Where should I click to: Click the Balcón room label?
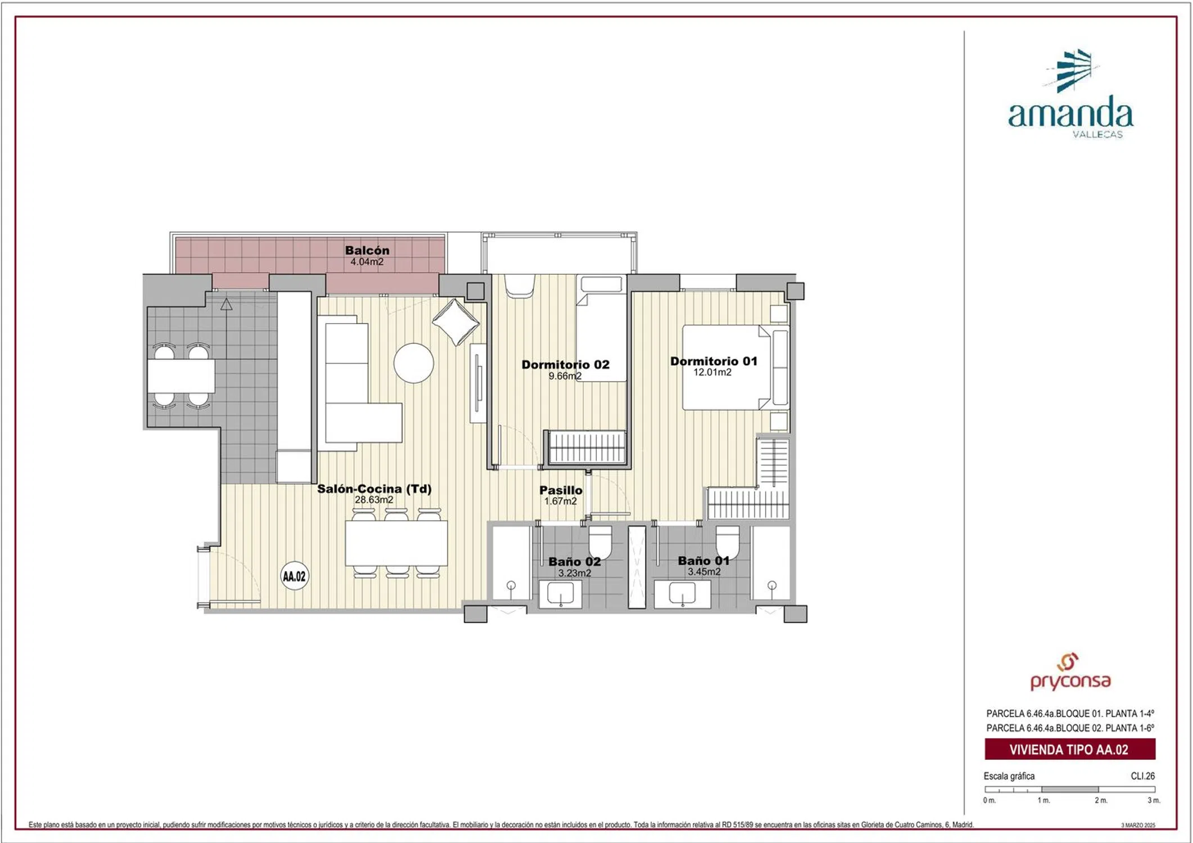coord(367,250)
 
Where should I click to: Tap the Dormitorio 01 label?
coord(714,361)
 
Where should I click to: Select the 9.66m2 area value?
coord(565,376)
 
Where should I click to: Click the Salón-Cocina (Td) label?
coord(374,488)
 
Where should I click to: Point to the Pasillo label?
coord(561,490)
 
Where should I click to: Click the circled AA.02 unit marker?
coord(294,576)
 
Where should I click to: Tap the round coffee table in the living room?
coord(414,363)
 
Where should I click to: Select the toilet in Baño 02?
coord(600,542)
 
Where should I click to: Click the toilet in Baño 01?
coord(727,542)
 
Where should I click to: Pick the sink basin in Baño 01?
coord(682,593)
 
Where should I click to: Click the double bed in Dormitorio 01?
coord(726,368)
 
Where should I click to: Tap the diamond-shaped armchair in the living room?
coord(455,322)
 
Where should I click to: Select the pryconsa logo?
coord(1070,672)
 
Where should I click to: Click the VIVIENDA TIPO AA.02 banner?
coord(1070,749)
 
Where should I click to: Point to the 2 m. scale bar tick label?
coord(1101,800)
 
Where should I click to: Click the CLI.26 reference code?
coord(1143,776)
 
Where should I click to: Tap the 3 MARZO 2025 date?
coord(1138,825)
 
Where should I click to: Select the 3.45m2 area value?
coord(704,572)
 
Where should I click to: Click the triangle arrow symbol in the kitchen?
coord(226,305)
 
